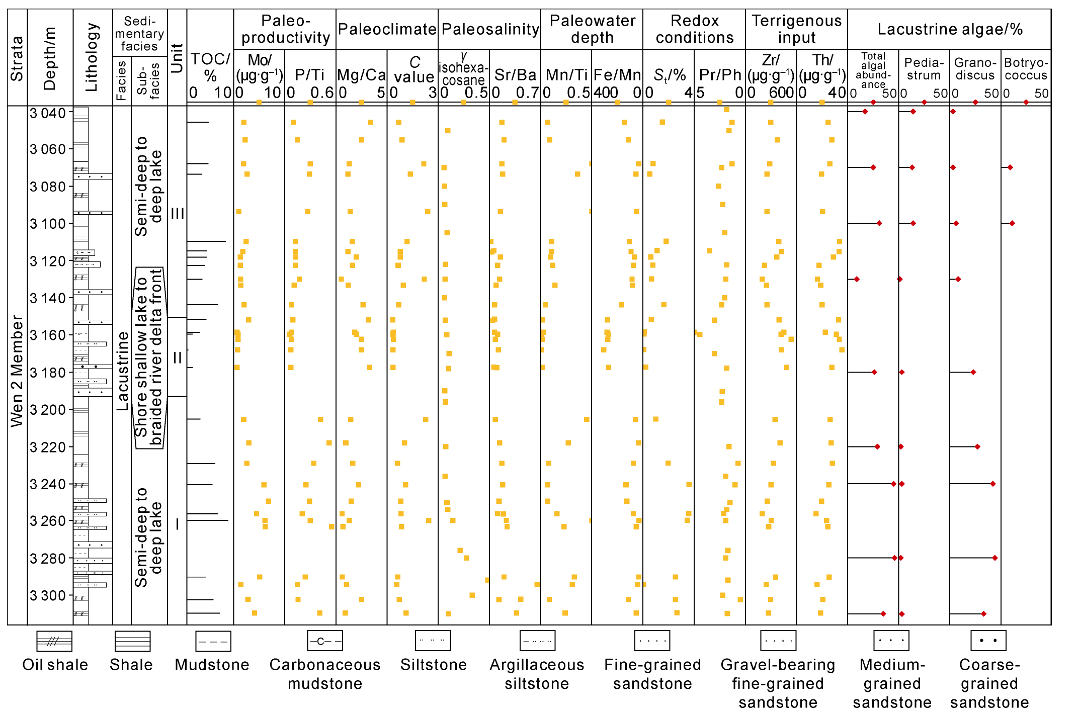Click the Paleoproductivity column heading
click(285, 29)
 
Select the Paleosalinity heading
click(490, 29)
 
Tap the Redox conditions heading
click(695, 29)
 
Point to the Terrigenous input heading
click(797, 29)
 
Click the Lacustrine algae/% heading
click(950, 29)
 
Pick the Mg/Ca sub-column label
click(361, 75)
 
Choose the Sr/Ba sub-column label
click(515, 75)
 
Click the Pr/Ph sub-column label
click(720, 75)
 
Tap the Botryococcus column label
click(1026, 69)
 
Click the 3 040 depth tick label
click(48, 113)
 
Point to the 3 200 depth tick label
click(48, 410)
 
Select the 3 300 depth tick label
click(48, 596)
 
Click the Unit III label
click(177, 214)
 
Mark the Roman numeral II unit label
click(177, 358)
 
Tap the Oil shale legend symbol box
click(54, 641)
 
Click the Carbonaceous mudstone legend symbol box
click(325, 641)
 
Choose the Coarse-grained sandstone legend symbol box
click(988, 641)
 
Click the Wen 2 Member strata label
click(17, 371)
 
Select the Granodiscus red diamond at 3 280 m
click(995, 558)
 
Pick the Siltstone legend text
click(434, 665)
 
